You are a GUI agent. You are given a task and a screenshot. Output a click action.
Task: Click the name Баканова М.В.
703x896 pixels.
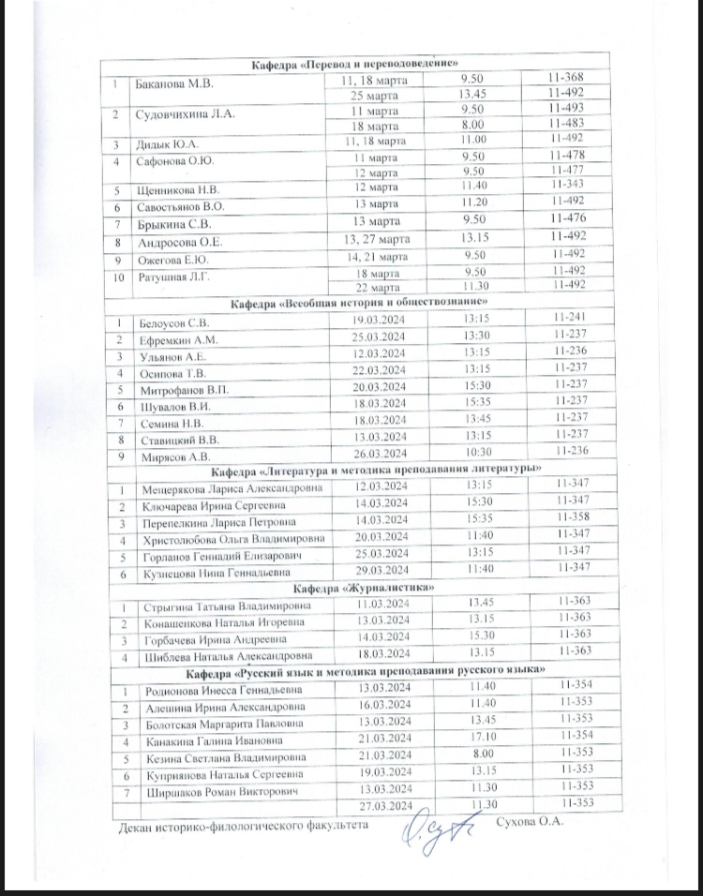coord(176,83)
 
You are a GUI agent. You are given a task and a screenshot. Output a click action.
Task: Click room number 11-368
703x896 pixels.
coord(568,77)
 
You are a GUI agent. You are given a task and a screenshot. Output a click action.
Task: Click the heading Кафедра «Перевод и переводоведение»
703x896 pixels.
coord(355,63)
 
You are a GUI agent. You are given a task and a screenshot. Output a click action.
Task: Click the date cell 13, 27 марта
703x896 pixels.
coord(377,237)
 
